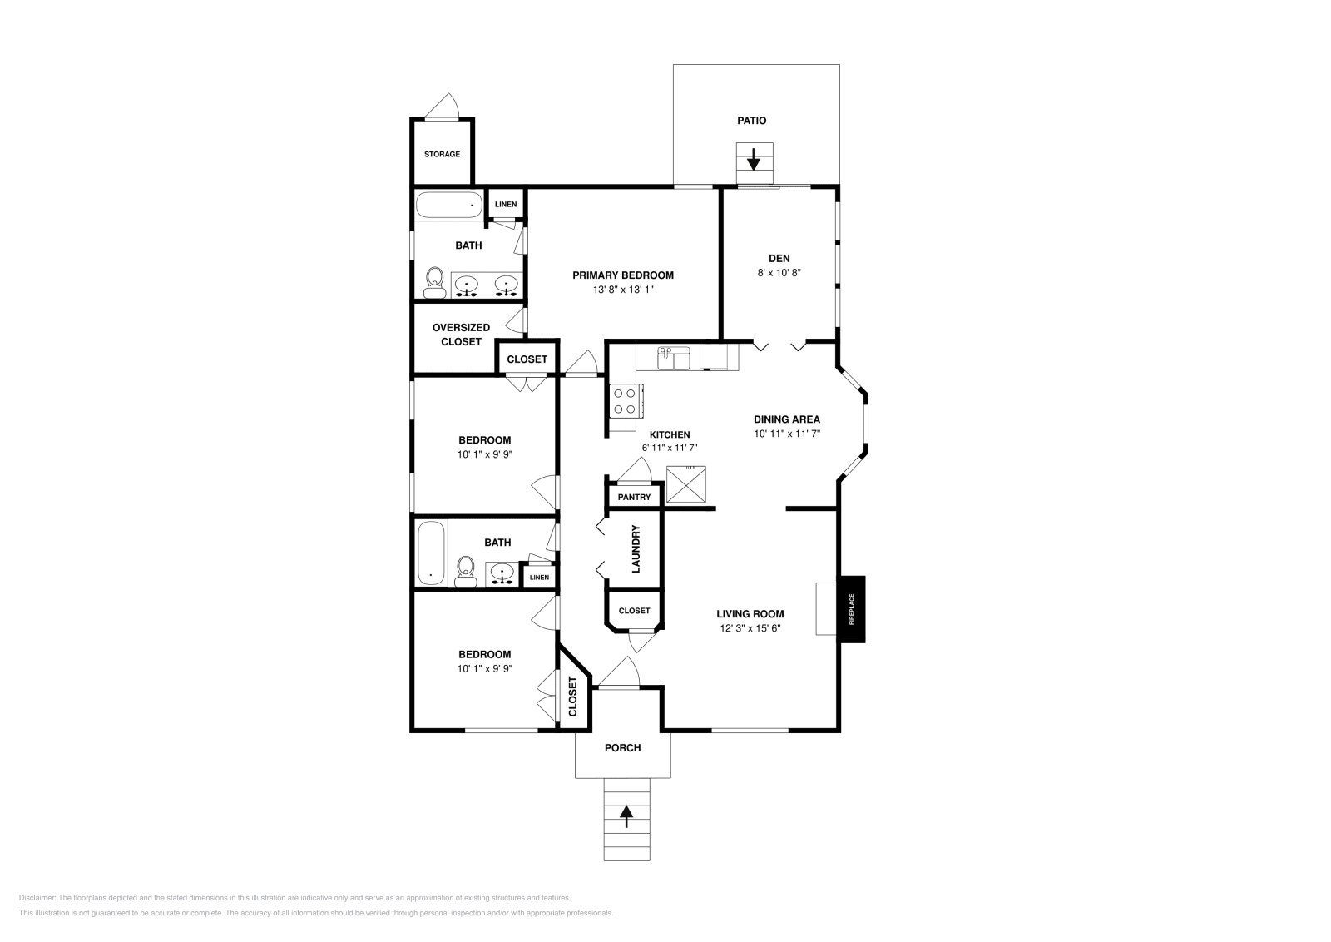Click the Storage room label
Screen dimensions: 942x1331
pyautogui.click(x=442, y=154)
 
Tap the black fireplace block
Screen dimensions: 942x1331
pyautogui.click(x=852, y=609)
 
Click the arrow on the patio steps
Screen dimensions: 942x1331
pyautogui.click(x=754, y=158)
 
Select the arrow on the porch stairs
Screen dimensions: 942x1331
pyautogui.click(x=626, y=816)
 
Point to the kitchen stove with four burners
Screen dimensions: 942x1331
pyautogui.click(x=624, y=401)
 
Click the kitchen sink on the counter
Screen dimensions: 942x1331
pyautogui.click(x=675, y=359)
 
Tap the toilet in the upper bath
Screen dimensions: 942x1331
pyautogui.click(x=434, y=282)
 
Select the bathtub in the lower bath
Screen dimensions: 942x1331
pyautogui.click(x=431, y=553)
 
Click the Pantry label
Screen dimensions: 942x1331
pyautogui.click(x=634, y=497)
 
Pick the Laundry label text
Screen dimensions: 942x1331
pyautogui.click(x=636, y=548)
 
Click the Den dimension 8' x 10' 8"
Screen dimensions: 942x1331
pyautogui.click(x=779, y=272)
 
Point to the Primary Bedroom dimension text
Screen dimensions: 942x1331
pyautogui.click(x=623, y=290)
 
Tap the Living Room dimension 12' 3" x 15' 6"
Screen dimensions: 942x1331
pyautogui.click(x=750, y=628)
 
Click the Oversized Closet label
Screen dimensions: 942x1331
pyautogui.click(x=461, y=335)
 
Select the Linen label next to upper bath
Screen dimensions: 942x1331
pyautogui.click(x=506, y=204)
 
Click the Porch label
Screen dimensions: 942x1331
pyautogui.click(x=622, y=747)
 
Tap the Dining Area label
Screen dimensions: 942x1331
pyautogui.click(x=787, y=419)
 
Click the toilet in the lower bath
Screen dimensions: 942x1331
pyautogui.click(x=466, y=572)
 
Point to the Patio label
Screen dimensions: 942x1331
pyautogui.click(x=751, y=121)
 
